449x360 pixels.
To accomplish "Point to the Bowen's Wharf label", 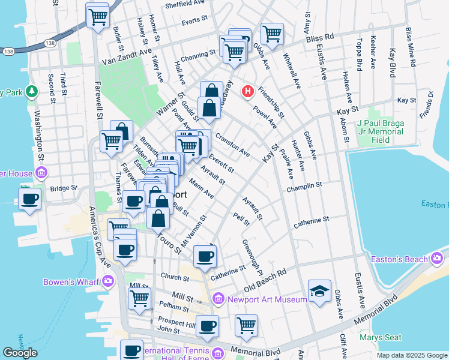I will (x=72, y=281).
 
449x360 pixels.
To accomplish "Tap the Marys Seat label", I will (x=381, y=338).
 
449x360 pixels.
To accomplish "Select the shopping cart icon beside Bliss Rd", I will (x=272, y=34).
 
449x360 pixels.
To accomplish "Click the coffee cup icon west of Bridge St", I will (x=29, y=199).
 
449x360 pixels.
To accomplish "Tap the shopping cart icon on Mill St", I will (x=140, y=298).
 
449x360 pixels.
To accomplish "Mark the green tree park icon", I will (x=31, y=92).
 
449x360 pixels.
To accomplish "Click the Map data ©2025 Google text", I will (x=411, y=355).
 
